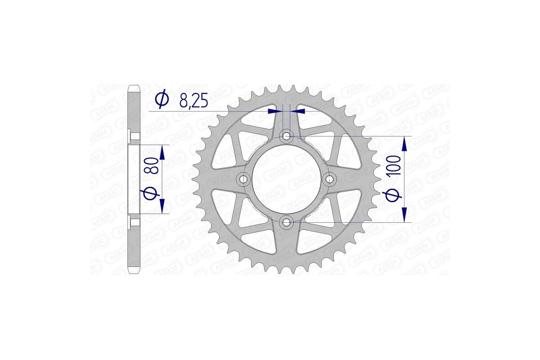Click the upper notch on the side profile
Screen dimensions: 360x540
[131, 135]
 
